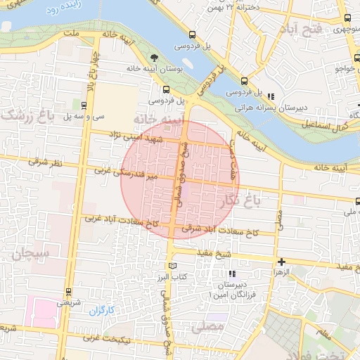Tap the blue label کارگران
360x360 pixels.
click(101, 310)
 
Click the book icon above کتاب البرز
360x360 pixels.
click(172, 266)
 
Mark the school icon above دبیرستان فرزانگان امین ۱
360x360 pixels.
click(233, 274)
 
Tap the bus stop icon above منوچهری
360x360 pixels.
click(347, 17)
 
